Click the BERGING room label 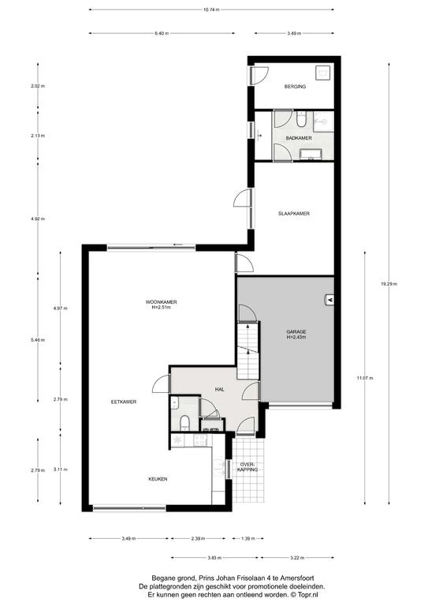295,87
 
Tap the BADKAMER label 299,138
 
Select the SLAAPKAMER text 294,213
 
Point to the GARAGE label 296,331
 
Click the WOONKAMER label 161,302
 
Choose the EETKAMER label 124,402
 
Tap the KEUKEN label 158,479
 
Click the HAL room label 220,389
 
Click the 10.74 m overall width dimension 211,9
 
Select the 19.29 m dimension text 389,284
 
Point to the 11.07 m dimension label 365,378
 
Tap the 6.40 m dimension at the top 162,34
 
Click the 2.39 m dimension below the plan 198,538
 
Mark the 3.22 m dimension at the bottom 297,558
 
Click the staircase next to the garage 247,351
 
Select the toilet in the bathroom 301,119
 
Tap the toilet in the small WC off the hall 185,423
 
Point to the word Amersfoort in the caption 298,578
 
